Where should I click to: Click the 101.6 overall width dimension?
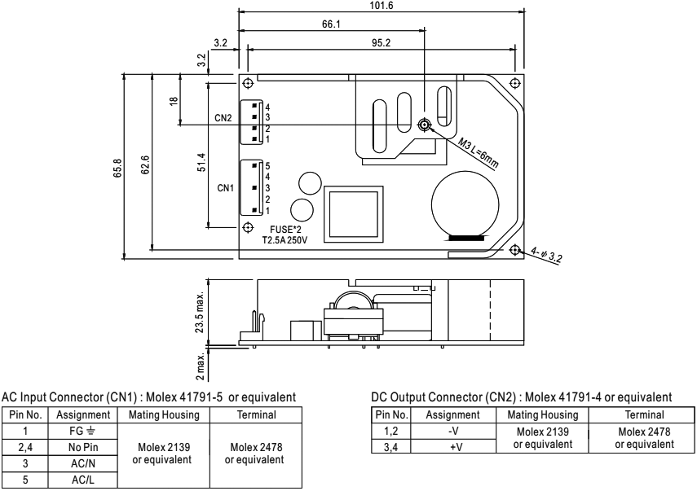tap(380, 5)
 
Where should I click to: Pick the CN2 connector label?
tap(224, 119)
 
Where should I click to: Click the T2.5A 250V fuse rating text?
tap(290, 242)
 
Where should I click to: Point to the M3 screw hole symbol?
tap(424, 125)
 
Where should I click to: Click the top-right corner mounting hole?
tap(514, 83)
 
